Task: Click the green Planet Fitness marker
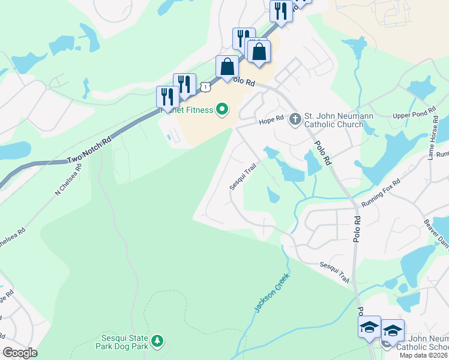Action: pos(223,109)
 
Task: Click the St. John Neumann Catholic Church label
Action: pos(334,120)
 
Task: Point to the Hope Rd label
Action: pos(270,121)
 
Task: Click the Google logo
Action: pos(20,353)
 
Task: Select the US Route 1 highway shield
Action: pos(206,87)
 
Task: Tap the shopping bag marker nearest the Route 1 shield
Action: pos(227,67)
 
